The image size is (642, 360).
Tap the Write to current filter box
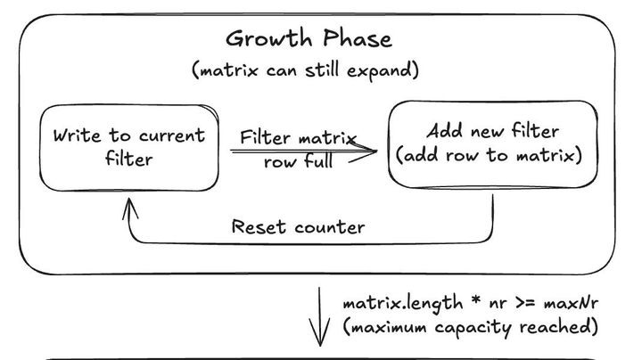(129, 148)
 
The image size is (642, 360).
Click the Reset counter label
(298, 227)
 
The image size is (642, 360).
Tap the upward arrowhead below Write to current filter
(131, 208)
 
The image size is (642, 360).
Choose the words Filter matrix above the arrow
(298, 138)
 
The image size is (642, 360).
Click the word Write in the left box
(77, 136)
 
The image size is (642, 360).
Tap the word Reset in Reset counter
(257, 227)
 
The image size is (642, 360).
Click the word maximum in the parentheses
(388, 327)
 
